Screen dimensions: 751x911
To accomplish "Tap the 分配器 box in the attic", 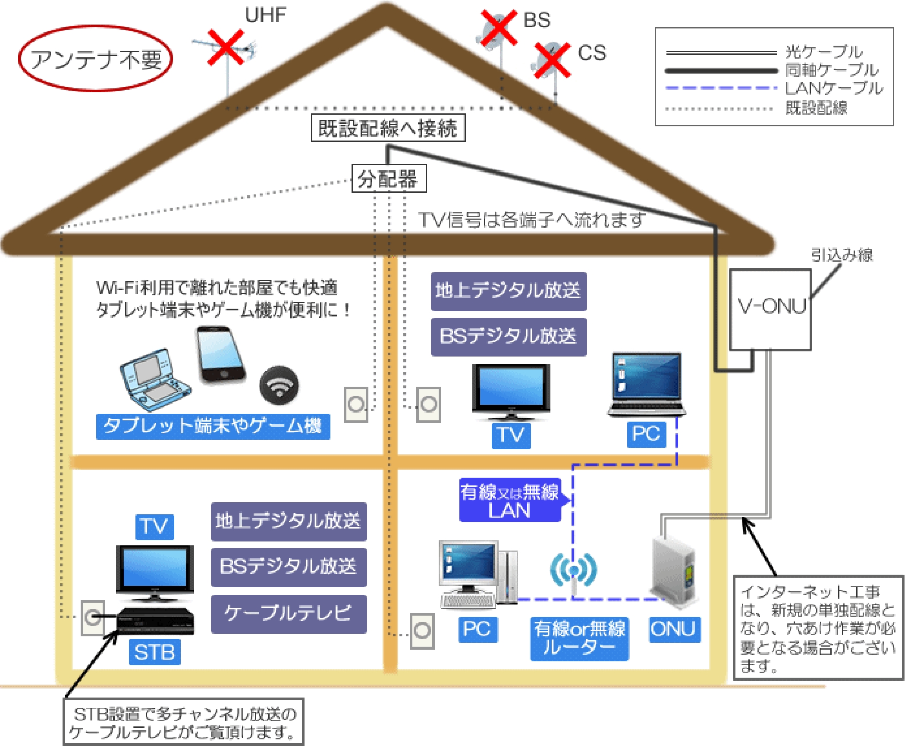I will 389,178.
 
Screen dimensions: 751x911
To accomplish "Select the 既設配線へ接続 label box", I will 388,128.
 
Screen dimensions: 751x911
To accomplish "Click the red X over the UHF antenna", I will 226,47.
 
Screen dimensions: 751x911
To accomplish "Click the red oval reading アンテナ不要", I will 95,58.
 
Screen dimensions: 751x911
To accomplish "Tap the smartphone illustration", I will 221,355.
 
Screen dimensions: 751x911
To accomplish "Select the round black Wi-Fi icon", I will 279,385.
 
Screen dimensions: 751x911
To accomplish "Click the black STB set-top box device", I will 156,621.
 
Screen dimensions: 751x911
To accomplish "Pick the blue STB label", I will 154,652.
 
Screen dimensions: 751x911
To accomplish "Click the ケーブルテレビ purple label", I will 289,614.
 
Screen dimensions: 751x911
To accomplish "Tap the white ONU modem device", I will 673,571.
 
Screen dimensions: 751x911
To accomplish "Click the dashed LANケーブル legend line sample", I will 721,88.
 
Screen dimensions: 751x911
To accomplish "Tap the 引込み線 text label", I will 841,255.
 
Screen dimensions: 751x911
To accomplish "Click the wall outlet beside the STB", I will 93,617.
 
